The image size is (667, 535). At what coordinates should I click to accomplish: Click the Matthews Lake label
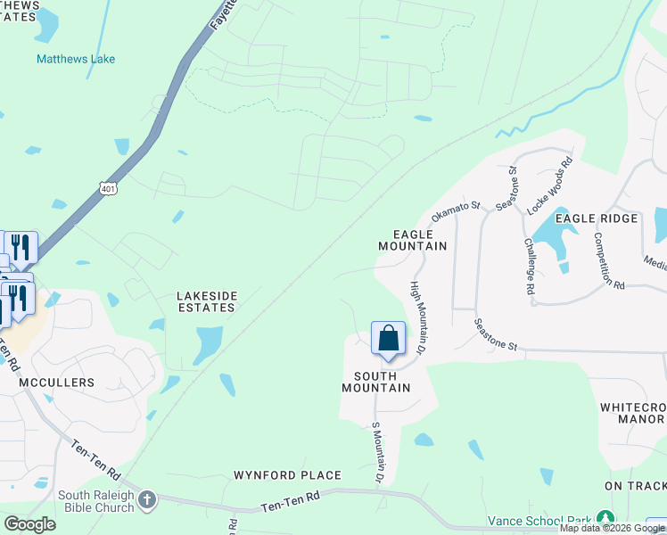pos(76,59)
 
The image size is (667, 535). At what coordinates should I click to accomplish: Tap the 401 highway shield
pos(108,188)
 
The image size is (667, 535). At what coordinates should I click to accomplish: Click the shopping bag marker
pos(388,339)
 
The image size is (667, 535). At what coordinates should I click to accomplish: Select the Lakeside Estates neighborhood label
pos(205,300)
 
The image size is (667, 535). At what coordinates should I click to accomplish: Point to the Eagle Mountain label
pos(412,239)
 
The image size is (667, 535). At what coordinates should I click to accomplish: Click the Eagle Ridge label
pos(597,218)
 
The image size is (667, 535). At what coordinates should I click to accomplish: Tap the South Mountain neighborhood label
pos(376,382)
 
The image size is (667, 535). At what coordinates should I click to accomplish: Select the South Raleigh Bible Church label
pos(96,501)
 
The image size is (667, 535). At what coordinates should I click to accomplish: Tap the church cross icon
pos(148,499)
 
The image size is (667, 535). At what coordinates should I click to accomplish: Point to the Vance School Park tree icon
pos(605,519)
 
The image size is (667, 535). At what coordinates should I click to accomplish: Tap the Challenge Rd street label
pos(530,266)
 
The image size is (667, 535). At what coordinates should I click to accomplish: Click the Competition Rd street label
pos(611,260)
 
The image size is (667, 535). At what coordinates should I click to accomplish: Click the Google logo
pos(29,524)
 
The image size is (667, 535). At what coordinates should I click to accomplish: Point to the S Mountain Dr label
pos(378,454)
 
